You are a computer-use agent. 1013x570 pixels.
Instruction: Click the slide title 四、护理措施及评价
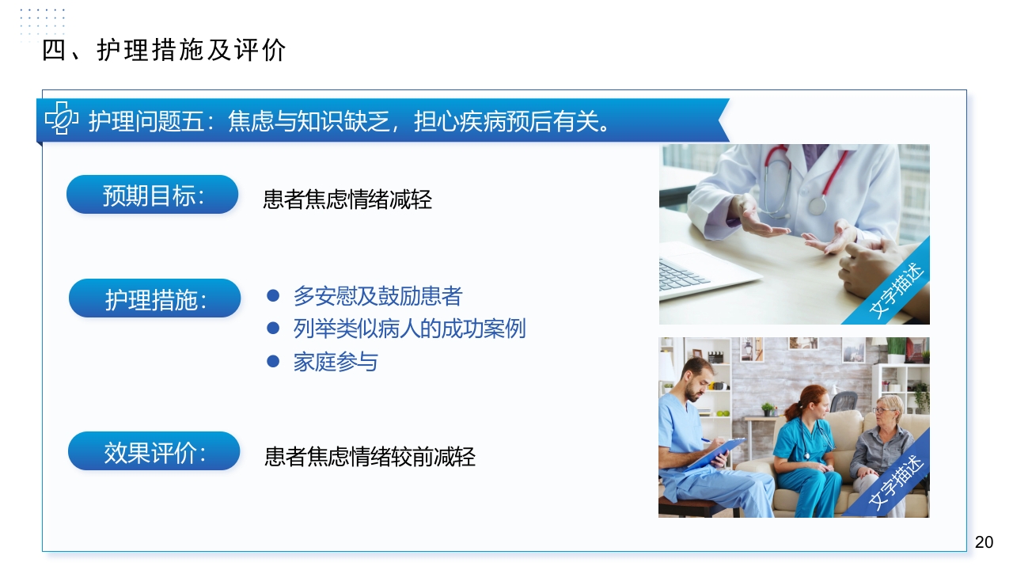pos(164,51)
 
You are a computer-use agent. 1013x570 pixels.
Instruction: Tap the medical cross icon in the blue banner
pos(61,120)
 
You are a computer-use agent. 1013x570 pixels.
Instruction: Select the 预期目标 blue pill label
pos(152,195)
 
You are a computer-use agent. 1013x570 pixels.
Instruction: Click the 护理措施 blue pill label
pos(154,298)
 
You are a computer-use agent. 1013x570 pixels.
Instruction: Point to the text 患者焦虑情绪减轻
pos(347,199)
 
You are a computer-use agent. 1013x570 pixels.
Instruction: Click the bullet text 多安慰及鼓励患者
pos(378,296)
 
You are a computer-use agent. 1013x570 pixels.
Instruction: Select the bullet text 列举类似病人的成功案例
pos(409,329)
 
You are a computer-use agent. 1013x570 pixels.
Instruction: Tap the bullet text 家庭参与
pos(336,362)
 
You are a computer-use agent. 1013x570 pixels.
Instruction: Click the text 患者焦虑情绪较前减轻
pos(370,457)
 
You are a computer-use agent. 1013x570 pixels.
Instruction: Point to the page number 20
pos(984,542)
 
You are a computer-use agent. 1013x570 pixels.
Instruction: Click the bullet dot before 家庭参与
pos(274,361)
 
